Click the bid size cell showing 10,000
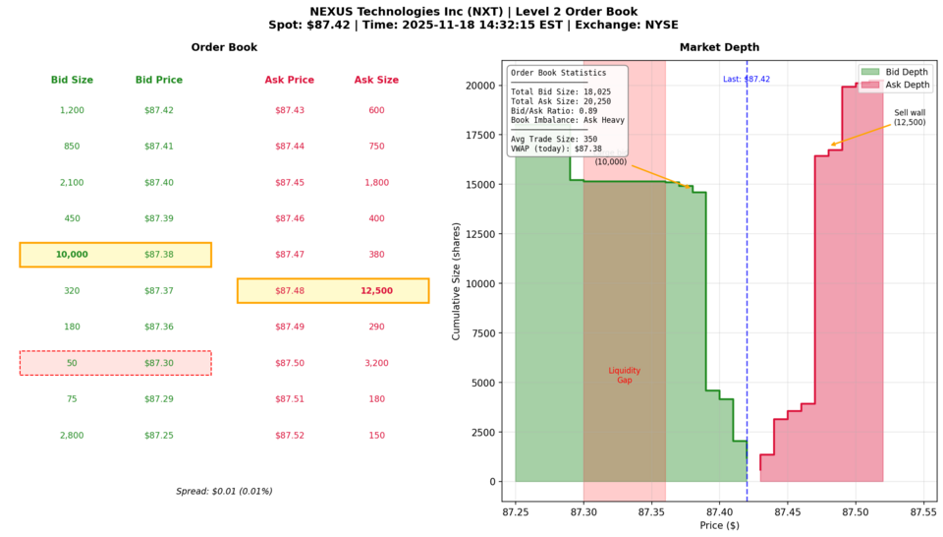click(72, 255)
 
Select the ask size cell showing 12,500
click(376, 291)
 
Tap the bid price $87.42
click(159, 110)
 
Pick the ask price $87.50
click(290, 363)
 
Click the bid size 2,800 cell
click(72, 436)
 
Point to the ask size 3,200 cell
click(376, 363)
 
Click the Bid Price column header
click(159, 80)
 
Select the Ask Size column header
click(376, 80)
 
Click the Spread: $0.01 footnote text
click(224, 491)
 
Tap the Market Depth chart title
click(719, 48)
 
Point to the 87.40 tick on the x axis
click(719, 512)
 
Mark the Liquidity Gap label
click(625, 375)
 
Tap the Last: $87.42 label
click(747, 79)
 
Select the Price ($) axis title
click(719, 526)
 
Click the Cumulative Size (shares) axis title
click(457, 281)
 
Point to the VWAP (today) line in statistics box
click(556, 149)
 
